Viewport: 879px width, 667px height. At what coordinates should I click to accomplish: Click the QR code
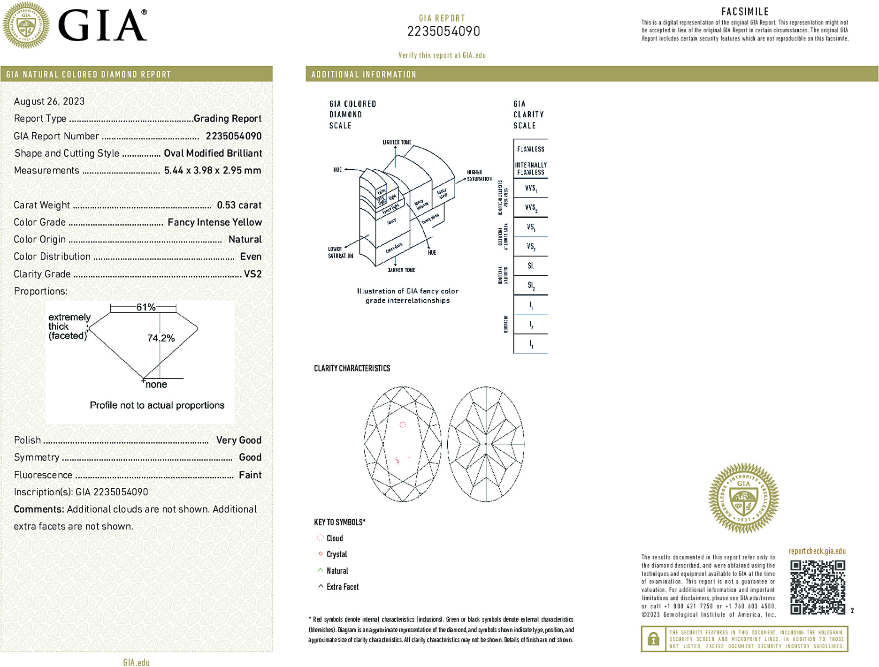tap(818, 587)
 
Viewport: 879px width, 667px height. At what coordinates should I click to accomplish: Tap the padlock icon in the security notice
tap(653, 639)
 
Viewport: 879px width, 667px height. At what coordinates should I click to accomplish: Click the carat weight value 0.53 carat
tap(239, 205)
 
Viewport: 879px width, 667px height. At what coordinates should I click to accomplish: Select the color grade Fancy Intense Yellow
tap(214, 222)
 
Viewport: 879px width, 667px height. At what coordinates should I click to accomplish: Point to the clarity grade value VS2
tap(252, 274)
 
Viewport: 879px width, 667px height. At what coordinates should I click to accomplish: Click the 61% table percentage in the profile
tap(145, 307)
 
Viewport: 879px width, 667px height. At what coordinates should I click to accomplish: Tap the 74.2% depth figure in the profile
tap(161, 338)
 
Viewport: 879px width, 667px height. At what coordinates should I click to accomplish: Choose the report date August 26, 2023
tap(49, 101)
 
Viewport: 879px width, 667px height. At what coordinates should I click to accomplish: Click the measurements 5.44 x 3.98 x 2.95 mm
tap(212, 170)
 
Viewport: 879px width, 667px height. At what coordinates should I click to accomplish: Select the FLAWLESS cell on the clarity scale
tap(530, 149)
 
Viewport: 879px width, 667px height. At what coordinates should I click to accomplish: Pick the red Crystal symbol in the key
tap(321, 554)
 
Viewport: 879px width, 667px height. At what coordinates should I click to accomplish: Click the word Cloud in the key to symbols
tap(335, 538)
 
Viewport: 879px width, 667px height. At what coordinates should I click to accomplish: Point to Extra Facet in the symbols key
tap(343, 587)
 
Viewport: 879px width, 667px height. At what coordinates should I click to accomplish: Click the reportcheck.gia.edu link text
tap(817, 551)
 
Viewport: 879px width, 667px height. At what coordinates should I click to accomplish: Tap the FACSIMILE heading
tap(745, 12)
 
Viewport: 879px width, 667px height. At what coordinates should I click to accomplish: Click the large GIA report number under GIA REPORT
tap(443, 31)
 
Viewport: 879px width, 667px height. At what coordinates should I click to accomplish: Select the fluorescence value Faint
tap(250, 475)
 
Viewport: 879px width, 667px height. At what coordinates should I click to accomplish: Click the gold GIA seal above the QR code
tap(743, 498)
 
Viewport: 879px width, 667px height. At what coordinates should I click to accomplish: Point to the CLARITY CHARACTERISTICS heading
tap(352, 368)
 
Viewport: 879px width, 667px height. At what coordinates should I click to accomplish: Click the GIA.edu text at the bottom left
tap(136, 662)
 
